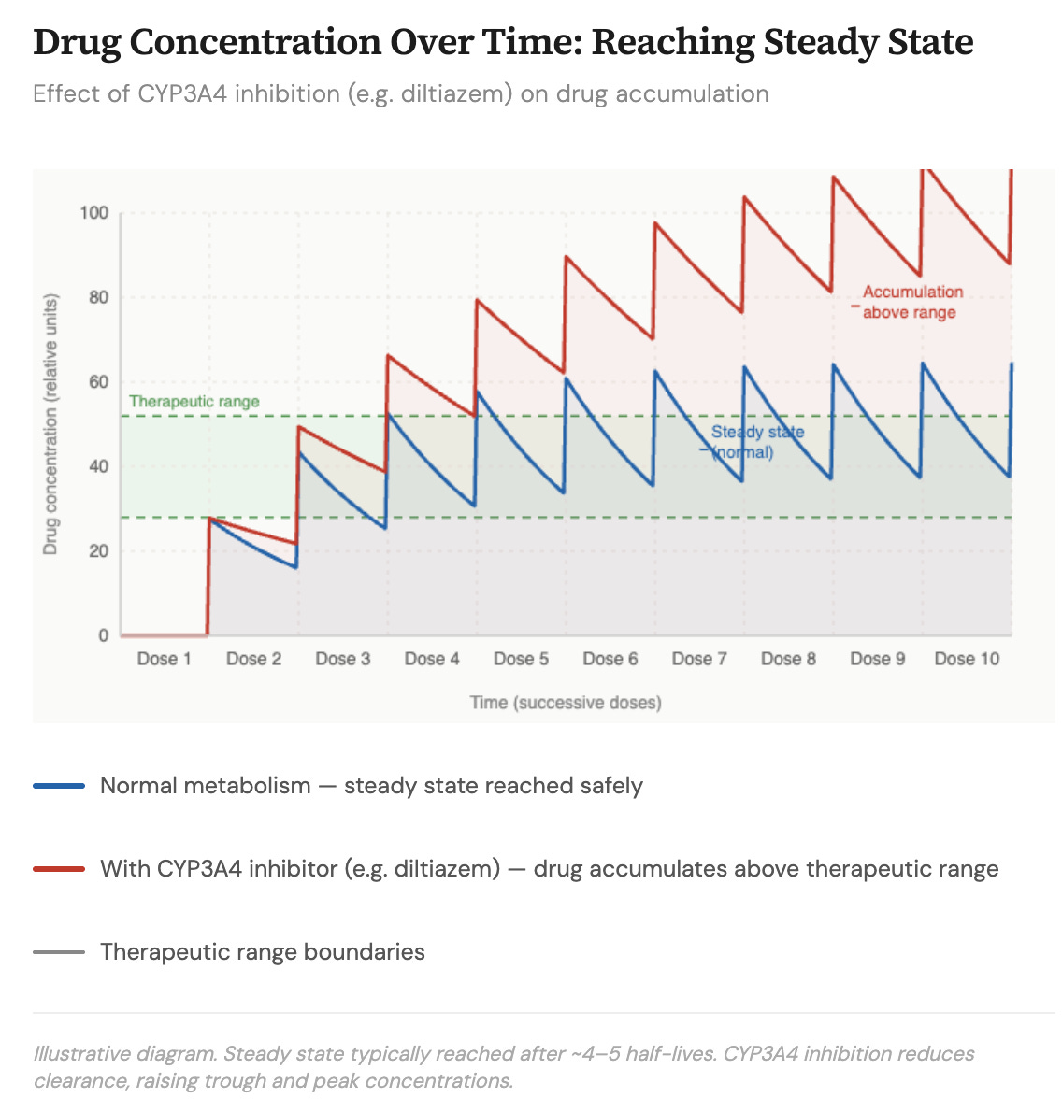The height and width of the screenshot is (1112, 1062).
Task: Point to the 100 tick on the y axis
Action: click(93, 213)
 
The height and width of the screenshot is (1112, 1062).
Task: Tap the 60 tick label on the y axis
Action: click(98, 382)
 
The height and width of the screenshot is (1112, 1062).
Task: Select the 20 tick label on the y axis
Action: click(98, 551)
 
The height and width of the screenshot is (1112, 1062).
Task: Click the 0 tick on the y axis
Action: click(103, 635)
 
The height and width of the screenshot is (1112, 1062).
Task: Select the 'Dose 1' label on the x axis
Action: click(164, 659)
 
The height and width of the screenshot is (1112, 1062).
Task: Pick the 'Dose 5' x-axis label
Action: click(521, 659)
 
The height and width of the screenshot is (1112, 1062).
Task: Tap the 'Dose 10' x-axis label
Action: click(967, 659)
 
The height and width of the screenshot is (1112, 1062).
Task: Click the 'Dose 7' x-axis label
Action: click(699, 659)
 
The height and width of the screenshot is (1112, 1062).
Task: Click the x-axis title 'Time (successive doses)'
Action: click(566, 703)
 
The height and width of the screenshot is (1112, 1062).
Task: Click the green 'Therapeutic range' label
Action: click(194, 402)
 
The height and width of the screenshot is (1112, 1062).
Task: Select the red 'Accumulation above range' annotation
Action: click(911, 302)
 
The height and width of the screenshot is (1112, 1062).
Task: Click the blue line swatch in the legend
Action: click(59, 786)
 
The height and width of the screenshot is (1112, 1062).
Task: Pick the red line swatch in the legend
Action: click(59, 869)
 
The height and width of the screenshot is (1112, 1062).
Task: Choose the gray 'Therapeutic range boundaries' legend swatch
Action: click(59, 952)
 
